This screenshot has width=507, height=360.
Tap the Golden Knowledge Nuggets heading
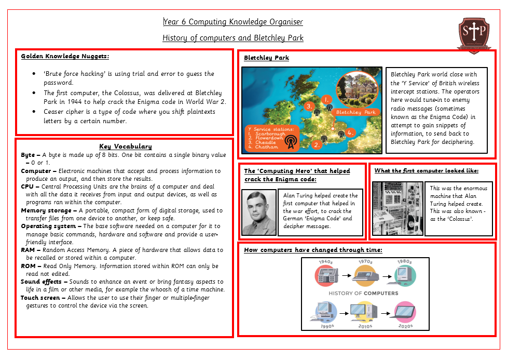point(65,56)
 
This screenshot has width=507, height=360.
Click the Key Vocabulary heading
point(125,146)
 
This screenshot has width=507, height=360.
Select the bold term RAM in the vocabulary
point(28,250)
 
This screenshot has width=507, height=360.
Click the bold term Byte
point(28,155)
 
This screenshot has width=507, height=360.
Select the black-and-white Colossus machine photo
point(398,208)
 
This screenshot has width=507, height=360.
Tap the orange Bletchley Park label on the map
point(355,112)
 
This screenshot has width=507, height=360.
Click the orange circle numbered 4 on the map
point(350,132)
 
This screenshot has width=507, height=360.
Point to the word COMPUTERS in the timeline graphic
point(381,293)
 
